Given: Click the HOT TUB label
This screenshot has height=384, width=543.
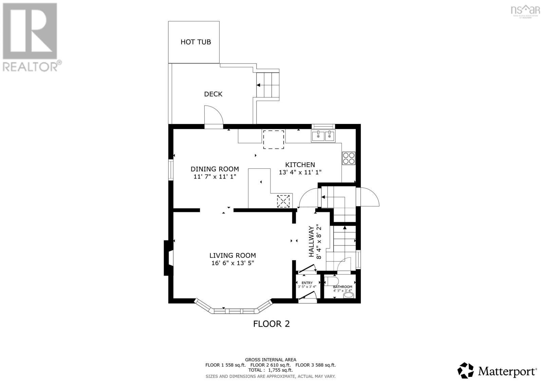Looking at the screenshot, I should click(x=195, y=42).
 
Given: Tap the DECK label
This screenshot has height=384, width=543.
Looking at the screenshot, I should click(x=213, y=94).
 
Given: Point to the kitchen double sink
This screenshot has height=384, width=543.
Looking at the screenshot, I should click(x=323, y=136).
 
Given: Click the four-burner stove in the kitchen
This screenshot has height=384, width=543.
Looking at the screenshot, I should click(x=349, y=158).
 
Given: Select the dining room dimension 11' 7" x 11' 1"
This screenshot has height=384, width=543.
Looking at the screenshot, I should click(x=214, y=177).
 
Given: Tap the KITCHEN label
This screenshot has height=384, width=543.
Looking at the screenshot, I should click(x=300, y=165).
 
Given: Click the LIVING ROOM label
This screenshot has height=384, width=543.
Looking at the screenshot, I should click(x=232, y=255).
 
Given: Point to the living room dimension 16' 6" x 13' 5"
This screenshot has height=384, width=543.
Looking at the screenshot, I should click(x=232, y=263).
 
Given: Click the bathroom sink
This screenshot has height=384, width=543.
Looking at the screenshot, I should click(x=349, y=295).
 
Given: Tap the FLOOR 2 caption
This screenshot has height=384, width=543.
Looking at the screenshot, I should click(x=271, y=324).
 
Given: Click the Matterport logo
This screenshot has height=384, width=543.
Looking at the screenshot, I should click(x=498, y=371).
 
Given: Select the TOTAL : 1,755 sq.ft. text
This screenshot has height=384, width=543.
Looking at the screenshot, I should click(x=270, y=370).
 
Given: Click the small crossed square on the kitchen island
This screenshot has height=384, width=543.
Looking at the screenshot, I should click(x=284, y=201).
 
